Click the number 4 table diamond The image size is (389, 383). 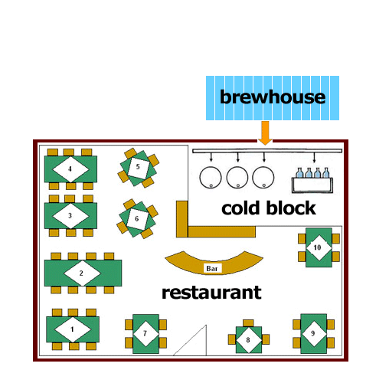point(70,169)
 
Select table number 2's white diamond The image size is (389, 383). point(82,273)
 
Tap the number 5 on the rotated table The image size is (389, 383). point(138,167)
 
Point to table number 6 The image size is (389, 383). point(137,219)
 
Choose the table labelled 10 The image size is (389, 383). point(319,247)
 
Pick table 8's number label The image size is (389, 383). point(248,340)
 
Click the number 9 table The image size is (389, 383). point(314,334)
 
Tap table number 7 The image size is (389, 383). point(145,334)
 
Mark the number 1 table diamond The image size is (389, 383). point(73,329)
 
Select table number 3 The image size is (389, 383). point(70,216)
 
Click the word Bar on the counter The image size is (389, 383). point(212,268)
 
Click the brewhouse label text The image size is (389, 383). point(273,97)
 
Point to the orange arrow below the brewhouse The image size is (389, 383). point(265,133)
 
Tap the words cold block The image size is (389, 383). point(269,208)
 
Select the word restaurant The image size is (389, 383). point(211,293)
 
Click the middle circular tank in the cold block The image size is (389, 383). point(237,177)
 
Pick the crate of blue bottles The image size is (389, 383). point(312,181)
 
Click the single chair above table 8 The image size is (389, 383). point(248,323)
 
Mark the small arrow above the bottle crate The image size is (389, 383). point(314,158)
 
